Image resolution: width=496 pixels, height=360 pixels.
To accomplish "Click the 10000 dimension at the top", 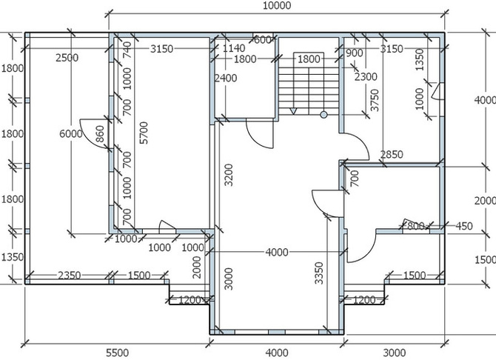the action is click(x=277, y=6).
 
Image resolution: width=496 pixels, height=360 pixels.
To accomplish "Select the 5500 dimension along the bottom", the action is click(x=118, y=353).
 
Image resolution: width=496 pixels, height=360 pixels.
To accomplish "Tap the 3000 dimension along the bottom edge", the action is click(x=394, y=353).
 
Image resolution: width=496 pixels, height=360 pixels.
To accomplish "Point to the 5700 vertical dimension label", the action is click(x=144, y=133).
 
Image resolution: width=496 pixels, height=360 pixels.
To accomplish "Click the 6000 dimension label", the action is click(x=71, y=134).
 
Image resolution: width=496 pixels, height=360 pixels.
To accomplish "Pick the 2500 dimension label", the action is click(x=67, y=58).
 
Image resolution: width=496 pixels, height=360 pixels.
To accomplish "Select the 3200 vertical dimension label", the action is click(x=229, y=175).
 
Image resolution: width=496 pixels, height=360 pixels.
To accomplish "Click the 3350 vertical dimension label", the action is click(x=320, y=273).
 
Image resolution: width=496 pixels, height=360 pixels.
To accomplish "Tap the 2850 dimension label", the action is click(x=392, y=155).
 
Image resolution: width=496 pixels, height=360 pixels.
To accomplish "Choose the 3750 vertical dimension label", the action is click(x=375, y=100).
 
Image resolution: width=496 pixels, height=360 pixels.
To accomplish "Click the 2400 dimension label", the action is click(x=226, y=78).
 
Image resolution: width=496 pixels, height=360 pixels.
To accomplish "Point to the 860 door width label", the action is click(x=99, y=133).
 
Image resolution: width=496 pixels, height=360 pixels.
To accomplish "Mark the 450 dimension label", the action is click(x=464, y=226).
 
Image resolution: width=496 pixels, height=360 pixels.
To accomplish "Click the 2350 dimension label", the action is click(x=70, y=276).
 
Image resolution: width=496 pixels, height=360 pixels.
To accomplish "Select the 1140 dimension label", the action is click(x=234, y=48).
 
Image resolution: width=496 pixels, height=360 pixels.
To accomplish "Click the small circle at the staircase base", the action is click(x=324, y=115).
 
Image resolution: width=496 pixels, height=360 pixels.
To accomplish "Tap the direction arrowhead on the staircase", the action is click(x=293, y=111).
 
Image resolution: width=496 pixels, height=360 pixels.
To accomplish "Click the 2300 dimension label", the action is click(x=366, y=76).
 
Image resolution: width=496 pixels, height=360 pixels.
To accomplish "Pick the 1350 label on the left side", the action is click(x=12, y=257).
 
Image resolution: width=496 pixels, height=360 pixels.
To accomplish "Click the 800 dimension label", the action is click(x=415, y=226).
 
